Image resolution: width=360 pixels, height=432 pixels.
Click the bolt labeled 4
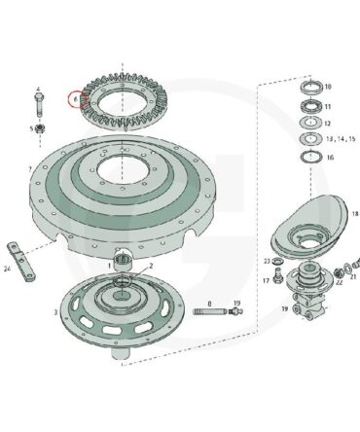39,105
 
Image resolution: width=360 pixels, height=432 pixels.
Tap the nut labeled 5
40,128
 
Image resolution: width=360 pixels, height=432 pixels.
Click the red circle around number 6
76,99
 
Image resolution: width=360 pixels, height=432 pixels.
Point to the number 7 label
30,169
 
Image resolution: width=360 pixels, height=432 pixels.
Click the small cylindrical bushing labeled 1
124,262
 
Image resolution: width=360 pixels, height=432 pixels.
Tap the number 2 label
151,266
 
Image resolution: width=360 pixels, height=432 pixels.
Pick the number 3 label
56,312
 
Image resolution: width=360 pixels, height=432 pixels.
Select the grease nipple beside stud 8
236,311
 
